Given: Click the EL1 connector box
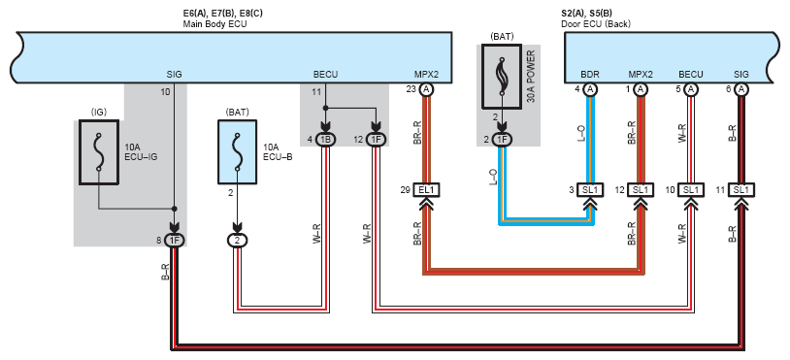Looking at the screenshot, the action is (x=426, y=190).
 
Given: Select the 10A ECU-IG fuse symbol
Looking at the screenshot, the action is (x=99, y=152).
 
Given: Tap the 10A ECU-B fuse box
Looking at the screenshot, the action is (x=238, y=152).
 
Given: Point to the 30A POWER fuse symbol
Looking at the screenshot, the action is (x=502, y=76).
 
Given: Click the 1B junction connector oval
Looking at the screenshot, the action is (x=325, y=140).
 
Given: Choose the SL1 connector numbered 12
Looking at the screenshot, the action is (x=640, y=190).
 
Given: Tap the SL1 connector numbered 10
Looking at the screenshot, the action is (x=691, y=190).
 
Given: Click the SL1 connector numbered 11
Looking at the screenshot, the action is (x=741, y=190).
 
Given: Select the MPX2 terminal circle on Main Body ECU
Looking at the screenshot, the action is (x=426, y=89).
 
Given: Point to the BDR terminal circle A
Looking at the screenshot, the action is (x=590, y=89).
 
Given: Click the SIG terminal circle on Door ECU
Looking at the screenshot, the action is (x=741, y=89).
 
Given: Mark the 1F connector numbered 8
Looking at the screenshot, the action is (x=175, y=241).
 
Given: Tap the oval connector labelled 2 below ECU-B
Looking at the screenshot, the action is (x=238, y=241).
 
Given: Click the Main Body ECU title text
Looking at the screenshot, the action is (x=214, y=23).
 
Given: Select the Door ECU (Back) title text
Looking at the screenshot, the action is (x=596, y=23).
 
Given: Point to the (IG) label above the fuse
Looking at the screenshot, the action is (x=99, y=113).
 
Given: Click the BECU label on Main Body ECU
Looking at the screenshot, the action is (x=325, y=75).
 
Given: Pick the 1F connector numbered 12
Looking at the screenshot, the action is (x=376, y=140).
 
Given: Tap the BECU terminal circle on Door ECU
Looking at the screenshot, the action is (x=691, y=89).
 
